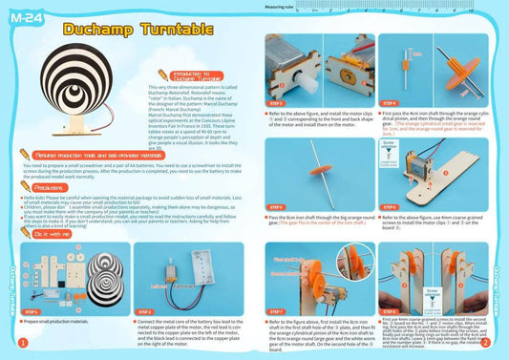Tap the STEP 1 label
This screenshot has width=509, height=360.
32,311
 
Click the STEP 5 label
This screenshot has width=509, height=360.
275,206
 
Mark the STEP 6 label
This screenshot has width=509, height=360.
388,206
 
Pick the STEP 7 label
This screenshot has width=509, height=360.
275,311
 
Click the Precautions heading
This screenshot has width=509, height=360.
44,188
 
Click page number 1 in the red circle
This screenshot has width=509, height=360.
21,342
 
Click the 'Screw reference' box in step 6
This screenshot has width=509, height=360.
388,154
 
